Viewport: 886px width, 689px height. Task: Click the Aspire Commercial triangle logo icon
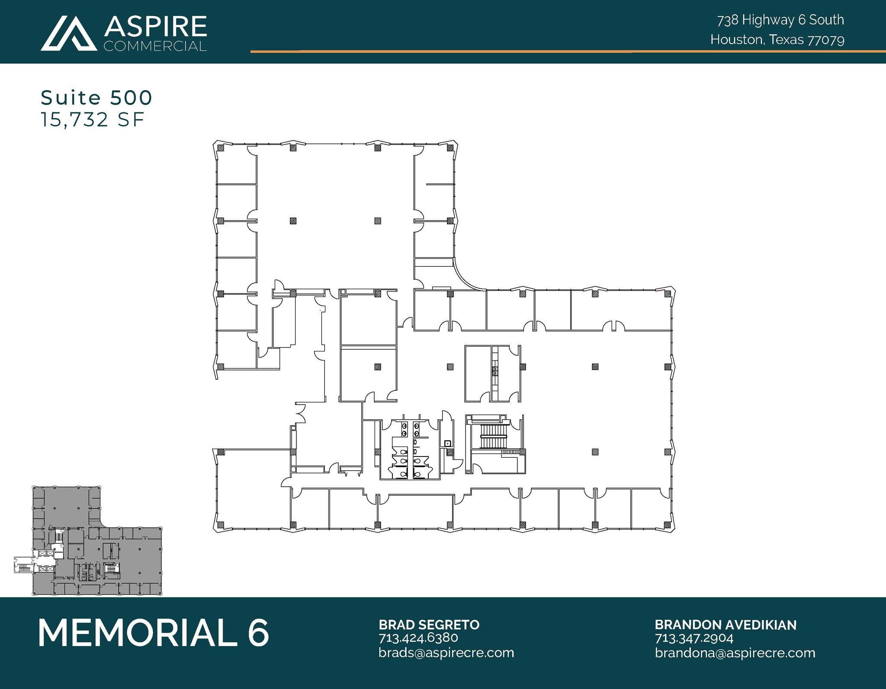click(x=69, y=33)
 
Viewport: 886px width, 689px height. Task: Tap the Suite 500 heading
click(x=96, y=98)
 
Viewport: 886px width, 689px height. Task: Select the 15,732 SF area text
click(x=92, y=120)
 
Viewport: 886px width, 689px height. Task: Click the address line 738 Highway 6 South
click(x=780, y=20)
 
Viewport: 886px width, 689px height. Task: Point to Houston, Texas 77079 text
click(x=777, y=40)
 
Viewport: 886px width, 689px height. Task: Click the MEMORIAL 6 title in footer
click(x=154, y=633)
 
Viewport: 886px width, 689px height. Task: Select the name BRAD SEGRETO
click(x=429, y=625)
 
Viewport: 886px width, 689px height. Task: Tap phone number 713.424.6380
click(x=418, y=638)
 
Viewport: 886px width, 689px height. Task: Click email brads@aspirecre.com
click(x=446, y=652)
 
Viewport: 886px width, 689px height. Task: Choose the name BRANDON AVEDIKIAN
click(x=725, y=625)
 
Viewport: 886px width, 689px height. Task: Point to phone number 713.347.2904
click(x=694, y=638)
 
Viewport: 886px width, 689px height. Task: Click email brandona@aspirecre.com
click(x=735, y=652)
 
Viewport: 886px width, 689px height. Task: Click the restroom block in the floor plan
click(x=410, y=450)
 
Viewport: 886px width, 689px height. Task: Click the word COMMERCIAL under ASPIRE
click(x=155, y=46)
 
